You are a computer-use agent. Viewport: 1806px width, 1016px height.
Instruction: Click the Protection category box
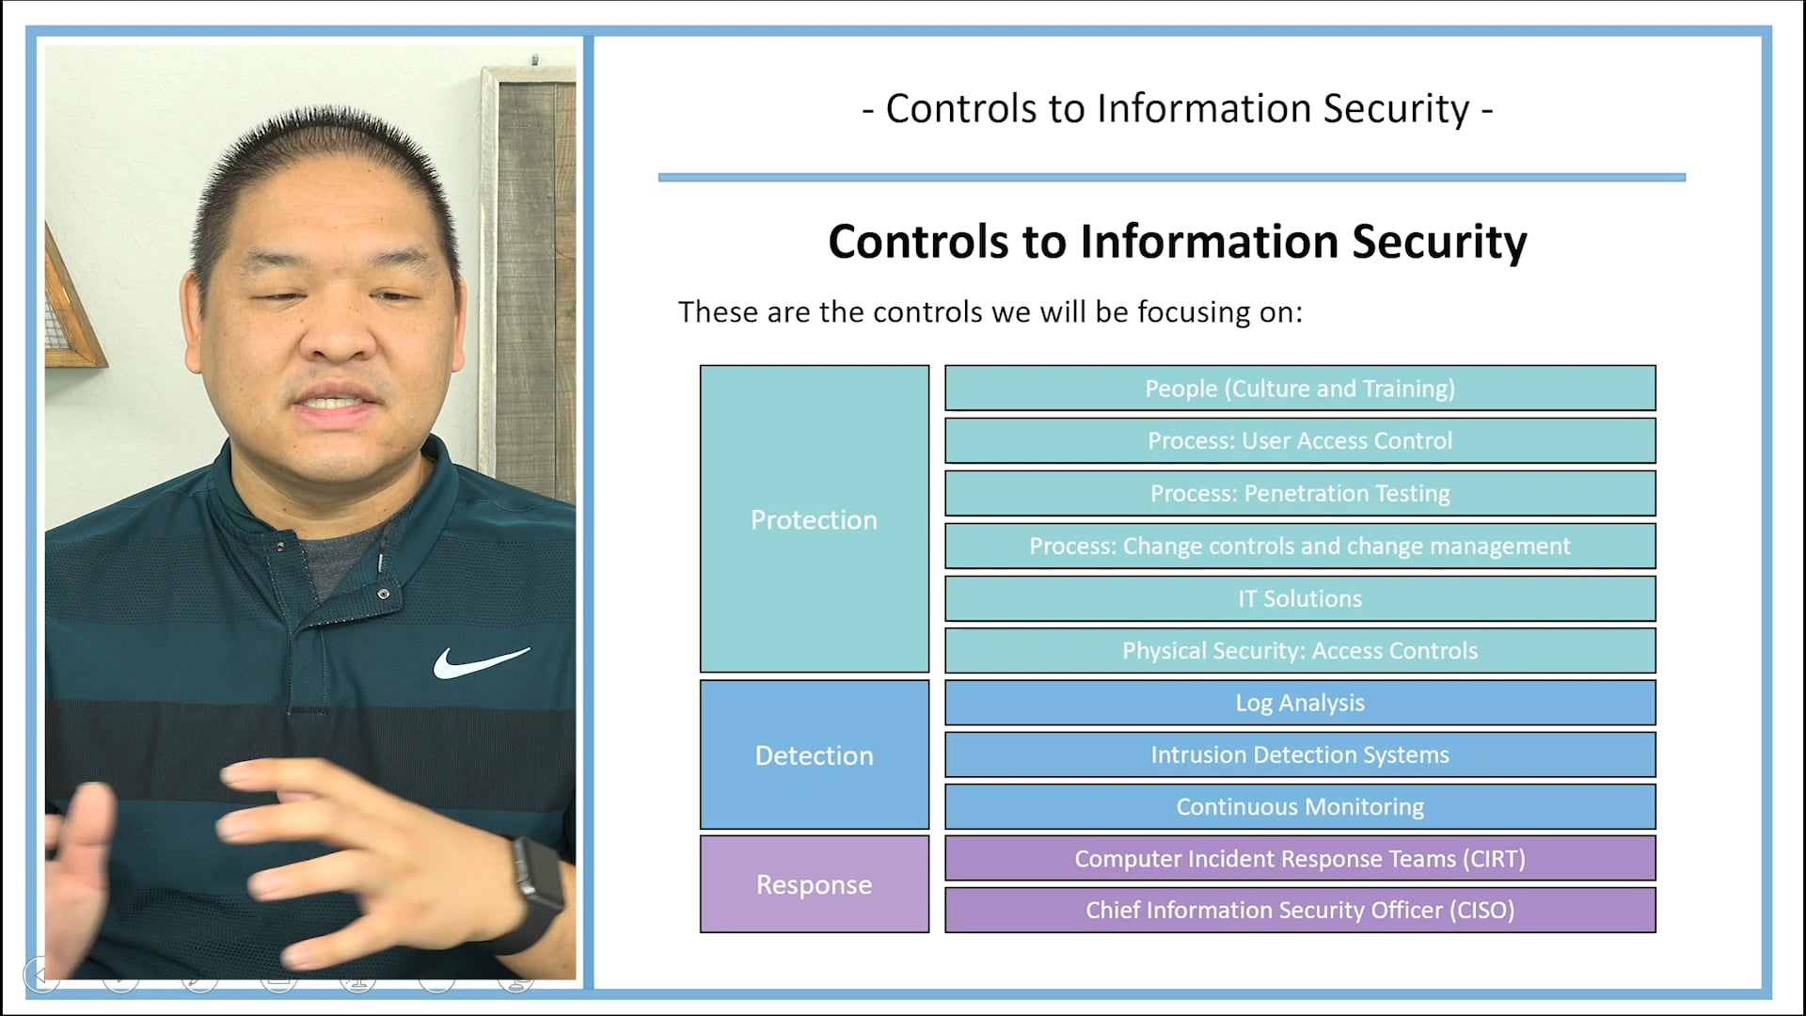[x=814, y=519]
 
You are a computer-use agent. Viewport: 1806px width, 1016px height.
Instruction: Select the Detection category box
[x=814, y=755]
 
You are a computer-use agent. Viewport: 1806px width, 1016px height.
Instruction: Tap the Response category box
[x=814, y=884]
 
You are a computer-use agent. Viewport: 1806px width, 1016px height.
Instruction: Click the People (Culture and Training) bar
[x=1300, y=389]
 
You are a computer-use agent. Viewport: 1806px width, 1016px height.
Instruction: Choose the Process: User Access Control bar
[x=1300, y=440]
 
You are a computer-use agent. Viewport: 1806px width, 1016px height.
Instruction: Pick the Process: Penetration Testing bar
[x=1300, y=493]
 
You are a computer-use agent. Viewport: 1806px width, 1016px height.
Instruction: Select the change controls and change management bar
[x=1300, y=546]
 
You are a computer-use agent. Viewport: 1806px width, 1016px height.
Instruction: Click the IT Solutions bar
[x=1300, y=598]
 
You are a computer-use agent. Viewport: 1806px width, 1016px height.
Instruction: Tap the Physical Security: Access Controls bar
[x=1300, y=650]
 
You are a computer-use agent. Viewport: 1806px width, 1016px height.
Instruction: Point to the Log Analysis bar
[x=1300, y=703]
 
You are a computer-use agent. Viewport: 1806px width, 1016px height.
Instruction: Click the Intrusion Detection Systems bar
[x=1300, y=754]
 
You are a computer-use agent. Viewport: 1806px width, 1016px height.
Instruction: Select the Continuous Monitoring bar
[x=1300, y=806]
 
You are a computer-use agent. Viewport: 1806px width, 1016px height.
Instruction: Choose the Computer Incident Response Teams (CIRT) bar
[x=1300, y=858]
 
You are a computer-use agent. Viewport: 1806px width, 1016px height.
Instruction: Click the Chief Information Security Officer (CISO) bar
[x=1300, y=910]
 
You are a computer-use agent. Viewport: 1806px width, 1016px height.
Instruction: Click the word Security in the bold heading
[x=1439, y=242]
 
